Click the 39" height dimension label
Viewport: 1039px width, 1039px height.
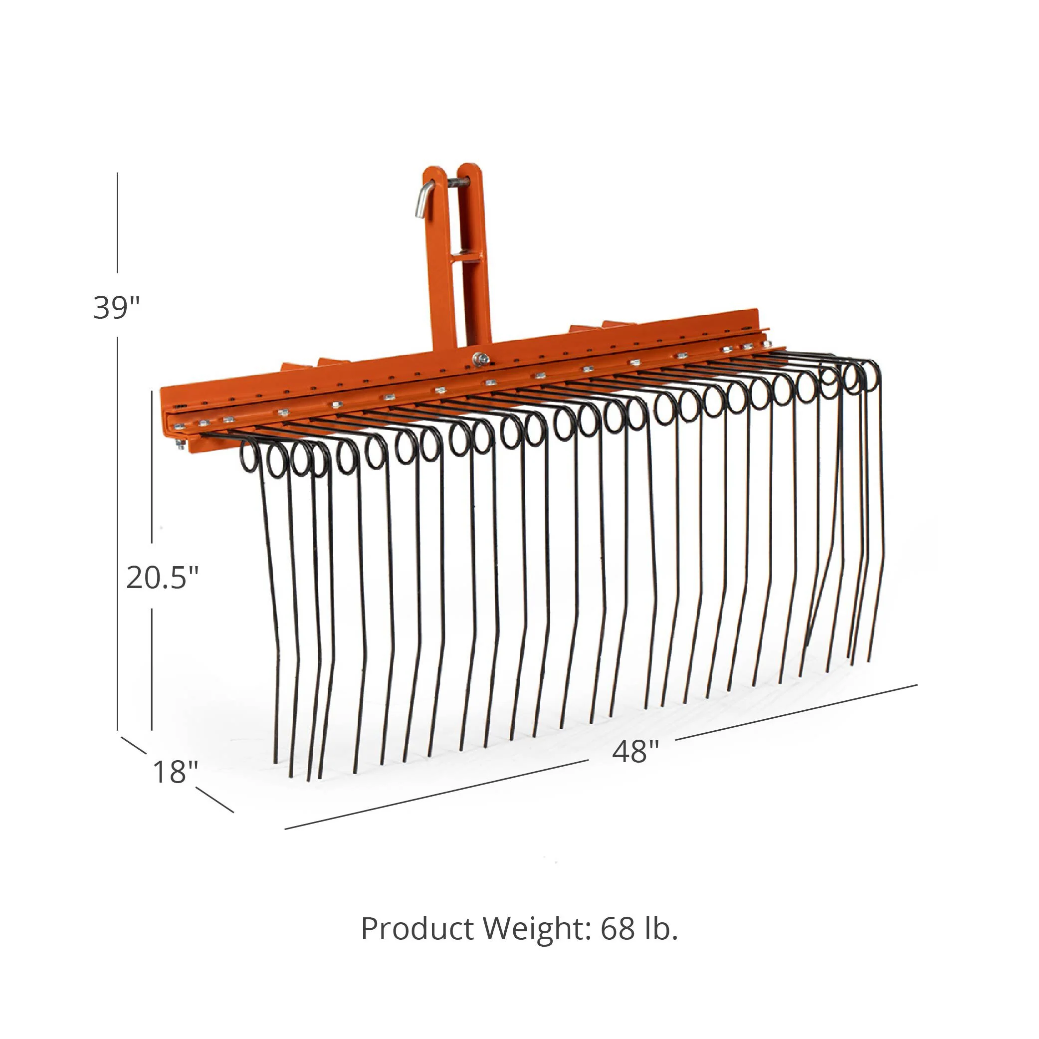point(116,308)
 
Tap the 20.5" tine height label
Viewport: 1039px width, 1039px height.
point(162,578)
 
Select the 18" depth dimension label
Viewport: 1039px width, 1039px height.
point(175,772)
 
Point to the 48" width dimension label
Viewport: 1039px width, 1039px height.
point(635,751)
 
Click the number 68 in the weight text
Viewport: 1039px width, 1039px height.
point(618,929)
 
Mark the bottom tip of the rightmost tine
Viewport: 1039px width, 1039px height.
point(868,660)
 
